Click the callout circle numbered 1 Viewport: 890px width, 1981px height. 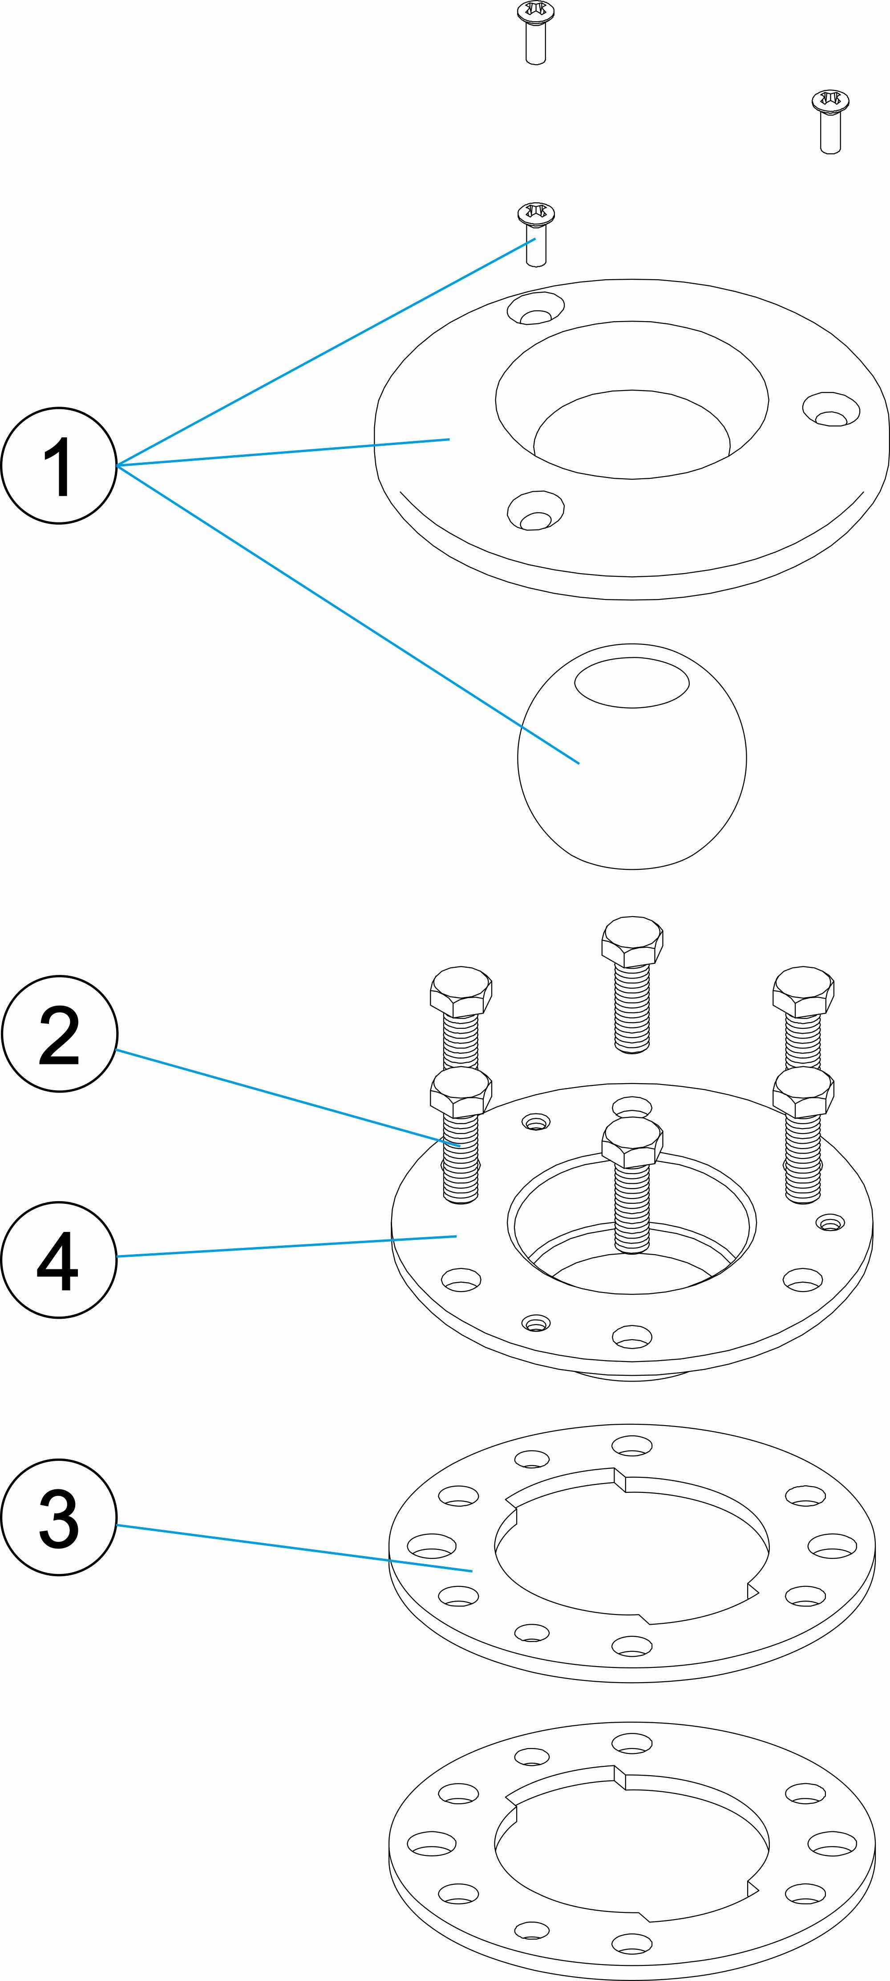tap(59, 466)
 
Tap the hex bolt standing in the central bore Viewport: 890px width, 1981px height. tap(632, 1184)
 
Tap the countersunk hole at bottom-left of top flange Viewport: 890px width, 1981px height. tap(536, 511)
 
